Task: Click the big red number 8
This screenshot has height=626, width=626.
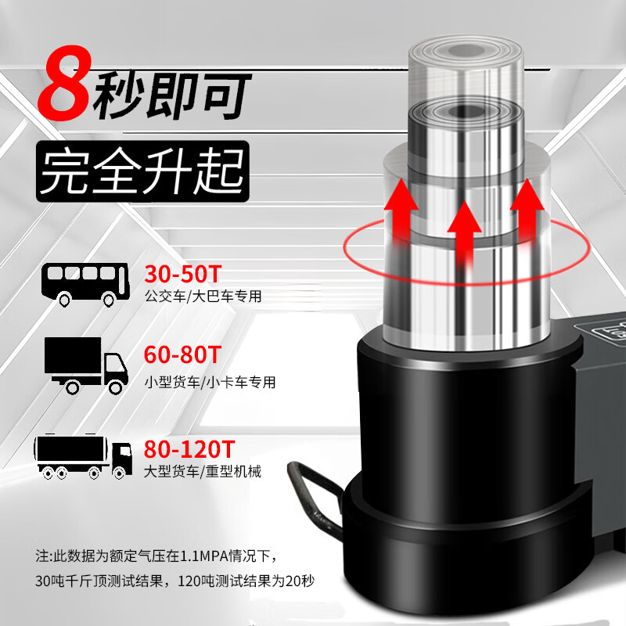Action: (64, 83)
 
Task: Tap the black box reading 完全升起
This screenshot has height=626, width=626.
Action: (142, 171)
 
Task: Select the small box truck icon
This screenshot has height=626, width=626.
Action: (86, 365)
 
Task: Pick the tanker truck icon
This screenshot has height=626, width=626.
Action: (83, 456)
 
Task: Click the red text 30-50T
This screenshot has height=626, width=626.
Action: (182, 274)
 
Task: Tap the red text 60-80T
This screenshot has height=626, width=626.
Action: (182, 354)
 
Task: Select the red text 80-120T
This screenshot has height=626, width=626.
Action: (189, 449)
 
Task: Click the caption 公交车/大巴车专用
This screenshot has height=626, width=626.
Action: (203, 297)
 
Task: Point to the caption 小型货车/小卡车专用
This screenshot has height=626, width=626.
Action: (210, 382)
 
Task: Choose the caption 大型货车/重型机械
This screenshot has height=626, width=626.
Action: (203, 472)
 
